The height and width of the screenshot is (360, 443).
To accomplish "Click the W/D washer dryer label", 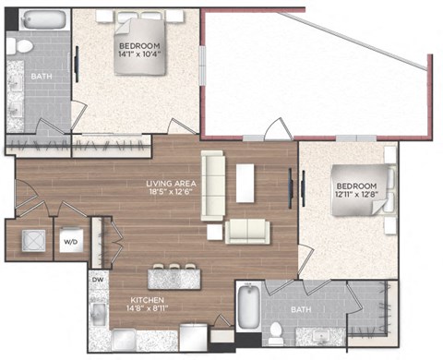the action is point(71,242).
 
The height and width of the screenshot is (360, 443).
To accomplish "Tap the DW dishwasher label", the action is point(98,280).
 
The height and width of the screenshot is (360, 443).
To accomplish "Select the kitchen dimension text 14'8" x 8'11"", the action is point(147,308).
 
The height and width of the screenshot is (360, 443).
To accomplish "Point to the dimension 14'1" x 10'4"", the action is point(140,54).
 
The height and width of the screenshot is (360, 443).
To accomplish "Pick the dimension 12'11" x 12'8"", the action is point(356,194).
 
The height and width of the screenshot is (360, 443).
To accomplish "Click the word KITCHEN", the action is point(148,300).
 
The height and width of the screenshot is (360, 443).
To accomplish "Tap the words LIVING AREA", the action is point(171,184).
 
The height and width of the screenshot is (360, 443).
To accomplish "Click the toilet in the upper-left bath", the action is point(20,46).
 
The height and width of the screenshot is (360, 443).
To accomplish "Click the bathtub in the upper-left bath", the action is point(44,19).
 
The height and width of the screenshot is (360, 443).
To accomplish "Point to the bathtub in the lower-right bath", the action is point(248,306).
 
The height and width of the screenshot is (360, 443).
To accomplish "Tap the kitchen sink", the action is point(99,313).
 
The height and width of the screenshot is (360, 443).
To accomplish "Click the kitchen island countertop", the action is point(174,279).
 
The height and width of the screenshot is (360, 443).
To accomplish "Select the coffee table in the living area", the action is point(245,183).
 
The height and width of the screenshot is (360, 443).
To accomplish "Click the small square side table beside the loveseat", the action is point(215,232).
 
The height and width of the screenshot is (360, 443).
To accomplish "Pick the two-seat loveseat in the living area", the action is point(247,232).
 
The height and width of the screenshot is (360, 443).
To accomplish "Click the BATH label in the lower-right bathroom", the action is point(301,309).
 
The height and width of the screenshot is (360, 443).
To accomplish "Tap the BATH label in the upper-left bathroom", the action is point(42,77).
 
